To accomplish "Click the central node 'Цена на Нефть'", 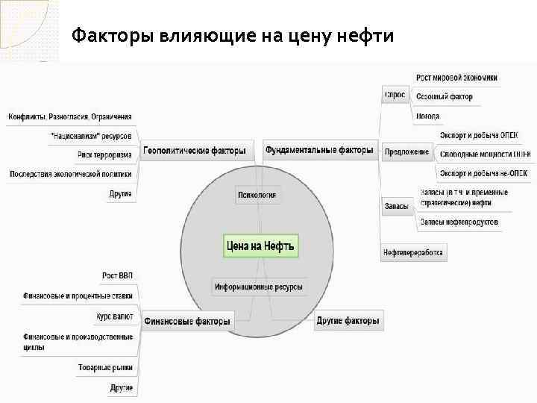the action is pos(260,246).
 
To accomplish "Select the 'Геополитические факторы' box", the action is pos(195,151).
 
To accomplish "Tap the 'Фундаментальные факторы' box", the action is pos(319,151).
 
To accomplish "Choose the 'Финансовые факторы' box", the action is pos(187,321).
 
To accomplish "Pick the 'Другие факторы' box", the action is pos(348,321).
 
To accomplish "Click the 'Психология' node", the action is pos(257,196).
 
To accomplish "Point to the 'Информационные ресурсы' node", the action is pos(258,287).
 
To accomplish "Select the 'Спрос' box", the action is pos(395,96).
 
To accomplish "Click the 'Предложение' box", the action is pos(406,152).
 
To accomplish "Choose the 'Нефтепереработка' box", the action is pos(413,252).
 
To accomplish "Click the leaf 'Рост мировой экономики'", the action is pos(456,78).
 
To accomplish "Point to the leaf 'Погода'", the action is pos(428,116).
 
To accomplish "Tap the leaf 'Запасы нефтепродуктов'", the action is pos(458,222).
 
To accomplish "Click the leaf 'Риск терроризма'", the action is pos(104,155).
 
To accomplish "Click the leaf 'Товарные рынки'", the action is pos(105,368).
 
